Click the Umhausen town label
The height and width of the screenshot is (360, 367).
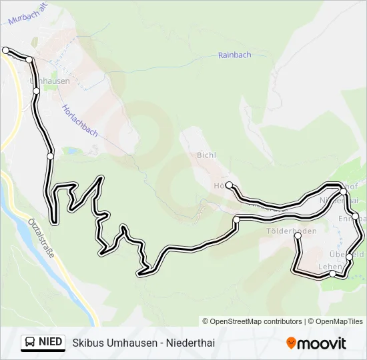pyautogui.click(x=50, y=81)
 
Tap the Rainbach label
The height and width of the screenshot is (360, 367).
pyautogui.click(x=234, y=55)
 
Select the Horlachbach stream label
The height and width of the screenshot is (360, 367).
pyautogui.click(x=79, y=120)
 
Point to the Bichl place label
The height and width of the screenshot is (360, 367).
pyautogui.click(x=206, y=155)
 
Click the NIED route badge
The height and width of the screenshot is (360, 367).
pyautogui.click(x=43, y=343)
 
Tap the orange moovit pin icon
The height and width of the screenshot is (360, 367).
pyautogui.click(x=291, y=343)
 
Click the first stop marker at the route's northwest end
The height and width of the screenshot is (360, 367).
pyautogui.click(x=6, y=50)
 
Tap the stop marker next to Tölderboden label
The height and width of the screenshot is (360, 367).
pyautogui.click(x=298, y=236)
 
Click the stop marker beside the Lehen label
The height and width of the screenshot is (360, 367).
pyautogui.click(x=333, y=273)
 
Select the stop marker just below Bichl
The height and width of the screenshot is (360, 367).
pyautogui.click(x=229, y=185)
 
